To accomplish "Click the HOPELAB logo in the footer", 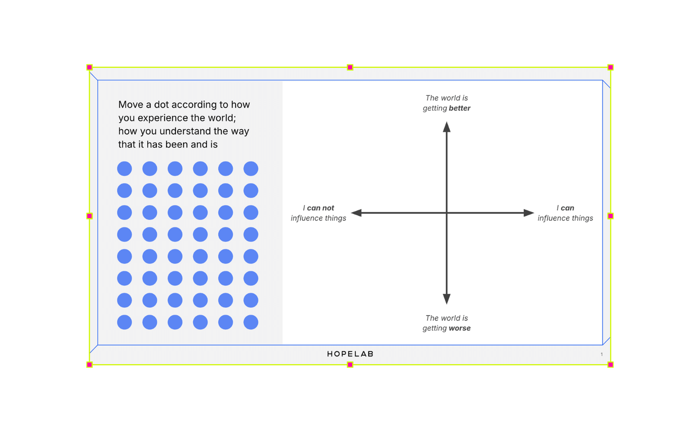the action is click(350, 354).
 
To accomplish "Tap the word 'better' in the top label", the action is click(459, 108).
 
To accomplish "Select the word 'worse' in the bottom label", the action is click(459, 328).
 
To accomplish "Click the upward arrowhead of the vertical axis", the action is click(446, 127).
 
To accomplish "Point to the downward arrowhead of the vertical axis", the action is click(446, 299).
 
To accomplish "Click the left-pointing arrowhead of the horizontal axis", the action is click(356, 213).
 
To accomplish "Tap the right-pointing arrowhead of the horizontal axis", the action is click(529, 213).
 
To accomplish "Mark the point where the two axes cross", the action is click(446, 213).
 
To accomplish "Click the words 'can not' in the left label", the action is click(320, 208).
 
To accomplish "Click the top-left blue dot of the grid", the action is click(124, 168).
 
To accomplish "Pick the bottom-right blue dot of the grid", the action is click(251, 322).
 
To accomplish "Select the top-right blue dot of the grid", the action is click(251, 168).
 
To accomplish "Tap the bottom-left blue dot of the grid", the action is click(124, 322).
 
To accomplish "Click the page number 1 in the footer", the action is click(601, 354).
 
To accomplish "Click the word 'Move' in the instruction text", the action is click(130, 105).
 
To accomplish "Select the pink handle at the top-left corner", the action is click(89, 67).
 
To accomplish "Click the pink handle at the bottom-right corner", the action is click(610, 365).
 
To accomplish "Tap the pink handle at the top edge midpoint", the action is click(350, 67).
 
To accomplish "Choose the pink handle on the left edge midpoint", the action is click(89, 216).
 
